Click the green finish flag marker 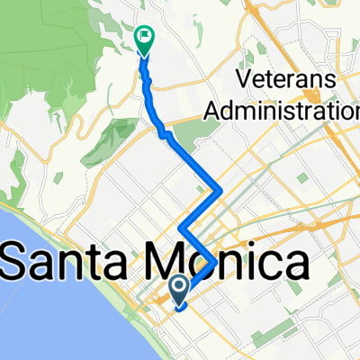click(143, 38)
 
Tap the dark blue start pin click(178, 289)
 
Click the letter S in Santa click(20, 264)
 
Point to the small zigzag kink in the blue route click(165, 133)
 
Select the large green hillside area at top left click(54, 72)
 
